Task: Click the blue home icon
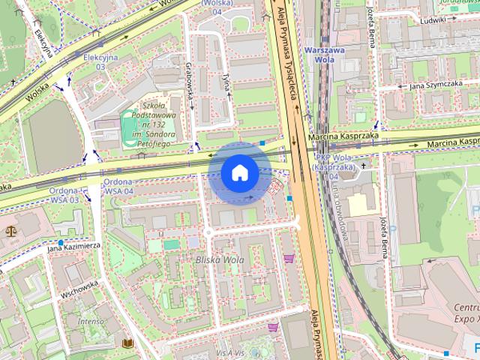239,173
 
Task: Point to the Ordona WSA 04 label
118,187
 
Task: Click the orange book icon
127,343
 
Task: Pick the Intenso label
90,320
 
